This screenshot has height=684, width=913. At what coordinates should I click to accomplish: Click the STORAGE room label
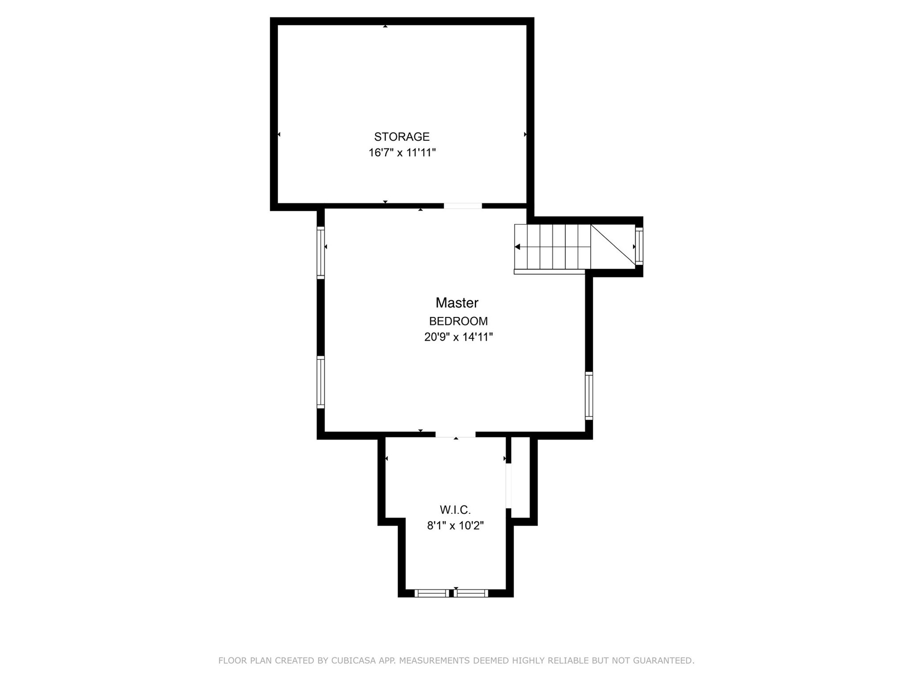click(x=402, y=137)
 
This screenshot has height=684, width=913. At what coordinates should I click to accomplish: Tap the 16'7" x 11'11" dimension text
click(x=402, y=153)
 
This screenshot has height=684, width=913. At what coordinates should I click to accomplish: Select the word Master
click(x=456, y=303)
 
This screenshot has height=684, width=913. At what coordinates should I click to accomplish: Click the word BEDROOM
click(x=458, y=321)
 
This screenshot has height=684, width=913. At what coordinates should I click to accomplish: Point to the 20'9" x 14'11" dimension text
click(x=458, y=337)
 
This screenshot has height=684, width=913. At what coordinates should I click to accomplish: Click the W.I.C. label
click(x=455, y=510)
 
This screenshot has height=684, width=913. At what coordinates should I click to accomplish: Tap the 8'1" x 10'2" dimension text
click(x=455, y=526)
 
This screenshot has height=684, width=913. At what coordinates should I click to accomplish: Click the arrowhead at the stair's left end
click(x=517, y=247)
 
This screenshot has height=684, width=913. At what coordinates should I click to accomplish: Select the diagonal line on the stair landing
click(x=613, y=244)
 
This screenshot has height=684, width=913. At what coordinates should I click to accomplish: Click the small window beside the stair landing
click(x=639, y=246)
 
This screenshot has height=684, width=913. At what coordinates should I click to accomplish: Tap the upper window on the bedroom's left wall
click(x=321, y=252)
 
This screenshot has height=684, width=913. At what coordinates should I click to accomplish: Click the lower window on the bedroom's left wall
click(x=321, y=382)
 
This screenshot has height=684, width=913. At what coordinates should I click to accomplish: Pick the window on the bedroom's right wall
click(x=589, y=395)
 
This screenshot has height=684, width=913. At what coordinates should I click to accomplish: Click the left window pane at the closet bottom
click(x=432, y=593)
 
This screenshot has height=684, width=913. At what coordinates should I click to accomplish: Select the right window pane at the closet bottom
click(x=471, y=593)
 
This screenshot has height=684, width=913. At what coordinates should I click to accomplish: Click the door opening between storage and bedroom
click(x=463, y=206)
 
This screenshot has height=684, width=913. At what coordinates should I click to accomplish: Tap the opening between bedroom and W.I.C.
click(x=455, y=435)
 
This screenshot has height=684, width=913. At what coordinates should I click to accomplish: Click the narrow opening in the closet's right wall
click(x=509, y=485)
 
